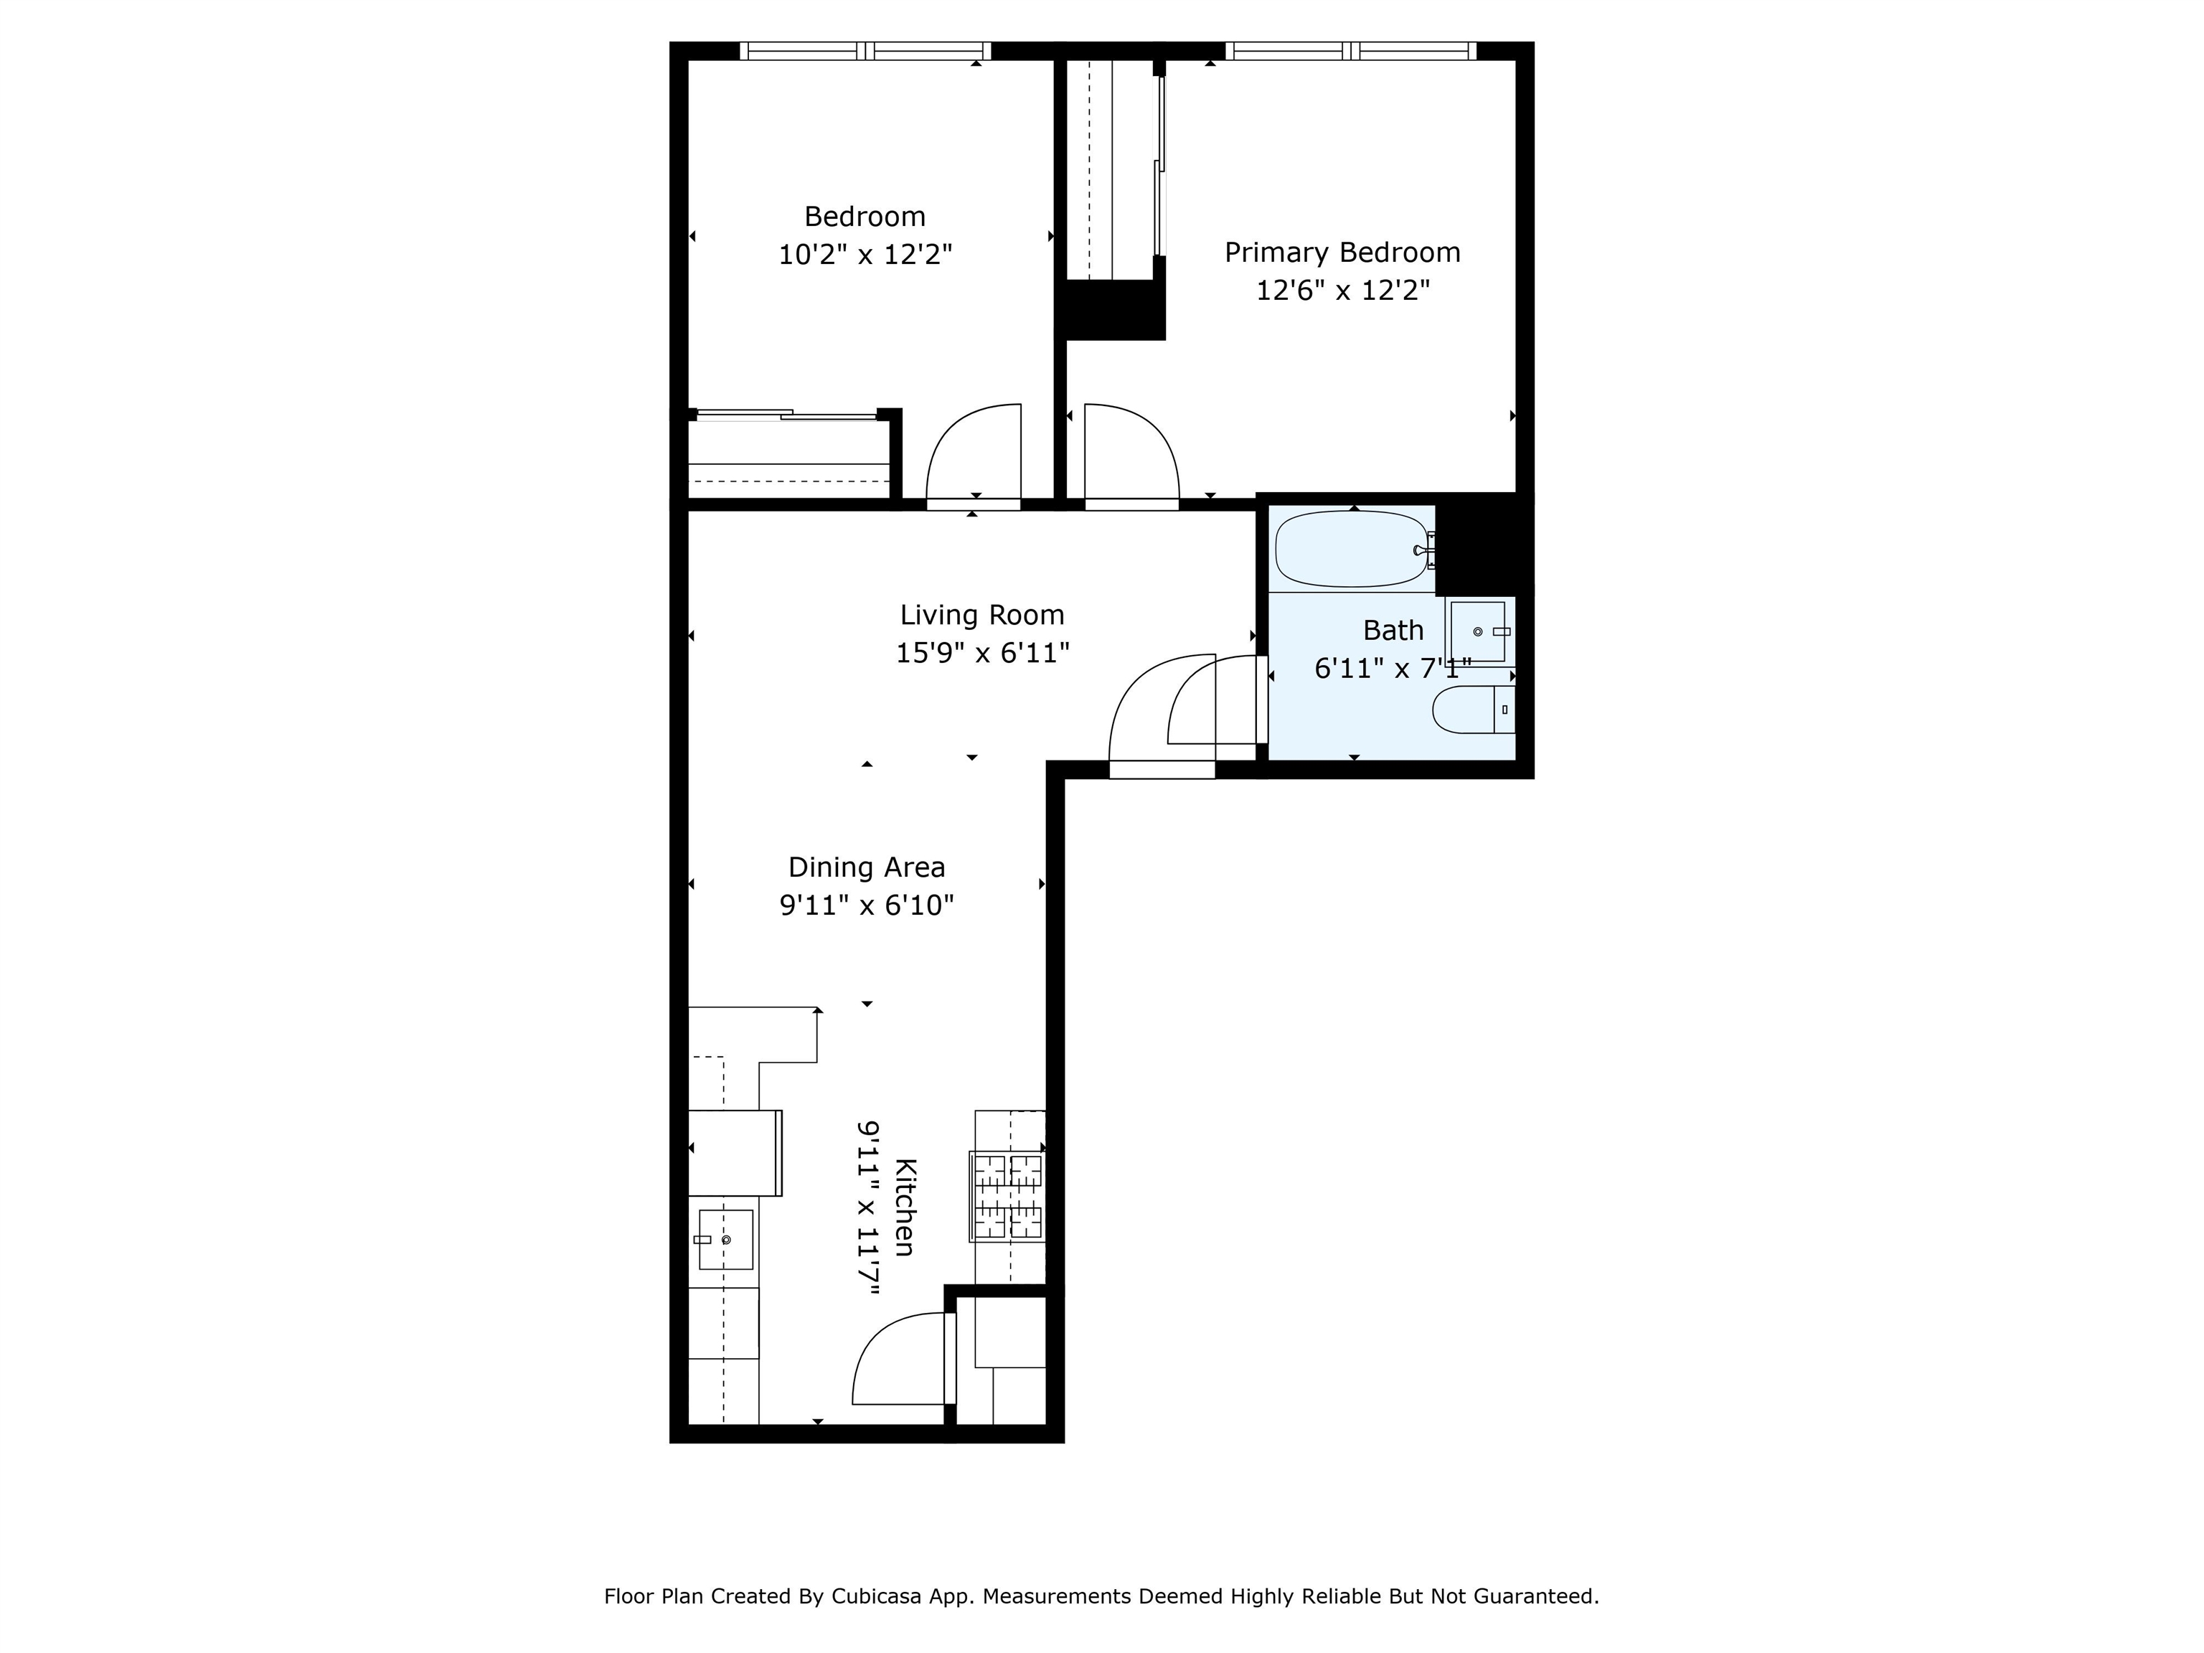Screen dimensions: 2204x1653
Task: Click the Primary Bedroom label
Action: point(1342,253)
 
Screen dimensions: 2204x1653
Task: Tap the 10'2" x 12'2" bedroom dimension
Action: point(865,255)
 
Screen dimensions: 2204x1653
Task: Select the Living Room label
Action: point(982,616)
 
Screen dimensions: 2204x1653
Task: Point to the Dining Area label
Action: point(867,868)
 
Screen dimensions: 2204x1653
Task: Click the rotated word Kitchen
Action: point(905,1207)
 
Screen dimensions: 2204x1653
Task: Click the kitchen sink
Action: point(725,1240)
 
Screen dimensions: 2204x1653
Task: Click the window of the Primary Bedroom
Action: point(1350,51)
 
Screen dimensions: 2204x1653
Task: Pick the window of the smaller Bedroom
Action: point(865,51)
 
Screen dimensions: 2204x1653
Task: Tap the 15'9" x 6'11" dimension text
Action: point(982,654)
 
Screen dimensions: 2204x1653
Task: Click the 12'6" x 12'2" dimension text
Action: point(1342,291)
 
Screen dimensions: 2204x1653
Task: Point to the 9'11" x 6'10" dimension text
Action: point(867,905)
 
